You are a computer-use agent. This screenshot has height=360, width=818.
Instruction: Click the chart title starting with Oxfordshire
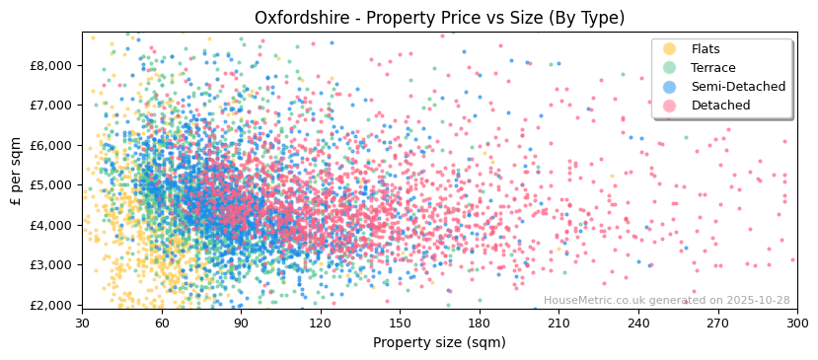(x=439, y=18)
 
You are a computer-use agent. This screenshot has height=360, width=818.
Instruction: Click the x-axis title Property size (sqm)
(x=439, y=342)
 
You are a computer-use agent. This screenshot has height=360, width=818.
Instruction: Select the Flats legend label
(x=706, y=49)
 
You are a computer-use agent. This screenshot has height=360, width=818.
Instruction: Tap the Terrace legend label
(x=712, y=68)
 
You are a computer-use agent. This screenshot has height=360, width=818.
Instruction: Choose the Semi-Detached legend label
(x=738, y=87)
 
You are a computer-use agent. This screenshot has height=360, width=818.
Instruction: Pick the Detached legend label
(x=720, y=106)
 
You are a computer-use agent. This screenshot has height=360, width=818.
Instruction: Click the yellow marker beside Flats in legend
(x=669, y=49)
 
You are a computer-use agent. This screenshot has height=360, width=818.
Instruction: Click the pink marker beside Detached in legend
(x=669, y=106)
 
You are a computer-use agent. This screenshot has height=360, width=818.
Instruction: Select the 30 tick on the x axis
(x=82, y=323)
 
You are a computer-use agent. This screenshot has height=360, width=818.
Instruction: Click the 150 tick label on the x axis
(x=400, y=323)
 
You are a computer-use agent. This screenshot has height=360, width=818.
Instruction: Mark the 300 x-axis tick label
(x=796, y=323)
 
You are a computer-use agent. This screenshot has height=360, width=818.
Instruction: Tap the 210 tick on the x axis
(x=558, y=323)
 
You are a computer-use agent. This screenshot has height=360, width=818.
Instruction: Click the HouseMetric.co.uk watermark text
(x=666, y=301)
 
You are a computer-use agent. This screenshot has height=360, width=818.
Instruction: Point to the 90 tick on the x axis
(x=241, y=323)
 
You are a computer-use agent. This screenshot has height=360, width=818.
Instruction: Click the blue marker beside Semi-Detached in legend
(x=669, y=87)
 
